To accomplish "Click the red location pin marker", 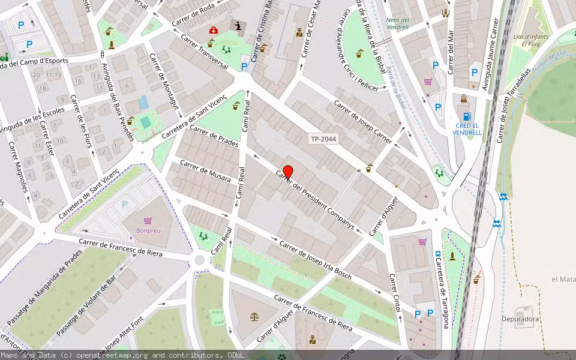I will point(287,172).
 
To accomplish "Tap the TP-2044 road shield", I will point(323,139).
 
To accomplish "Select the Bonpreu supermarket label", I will point(148,230).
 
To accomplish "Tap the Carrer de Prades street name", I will point(214,136).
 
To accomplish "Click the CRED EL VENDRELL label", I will point(467,129).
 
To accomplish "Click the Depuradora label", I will point(520,319).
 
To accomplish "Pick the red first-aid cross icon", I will point(214,30).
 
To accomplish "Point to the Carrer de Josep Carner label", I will point(362,122).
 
